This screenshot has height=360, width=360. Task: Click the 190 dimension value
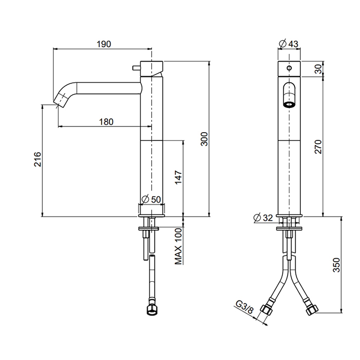click(x=104, y=45)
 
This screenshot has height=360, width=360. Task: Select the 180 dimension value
click(x=105, y=122)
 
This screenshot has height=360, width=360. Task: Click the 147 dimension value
click(x=177, y=178)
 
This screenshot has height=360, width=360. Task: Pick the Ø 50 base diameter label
click(x=151, y=199)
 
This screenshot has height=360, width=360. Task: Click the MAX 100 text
click(x=178, y=247)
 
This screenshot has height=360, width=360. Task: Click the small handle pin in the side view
click(x=133, y=67)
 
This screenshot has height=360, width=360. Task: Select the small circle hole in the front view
click(x=289, y=68)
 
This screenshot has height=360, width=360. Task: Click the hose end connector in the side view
click(x=151, y=309)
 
